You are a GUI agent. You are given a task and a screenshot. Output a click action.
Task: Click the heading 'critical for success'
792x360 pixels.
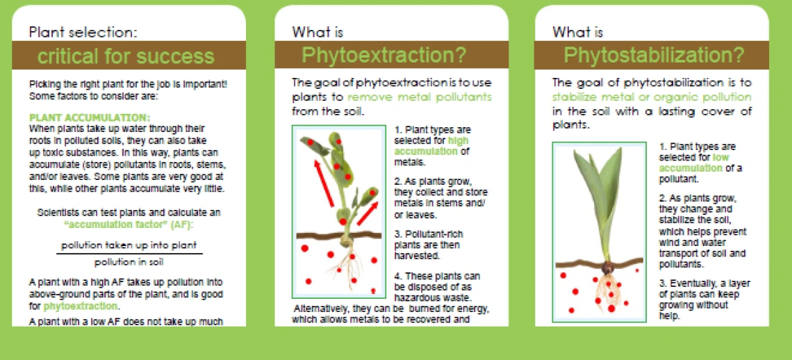tap(126, 56)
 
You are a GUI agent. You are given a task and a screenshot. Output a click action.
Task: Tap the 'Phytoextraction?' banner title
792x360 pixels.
tap(384, 55)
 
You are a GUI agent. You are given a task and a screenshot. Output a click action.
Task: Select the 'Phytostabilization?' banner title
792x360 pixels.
tap(654, 55)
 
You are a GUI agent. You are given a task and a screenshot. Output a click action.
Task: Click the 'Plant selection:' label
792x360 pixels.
tap(83, 32)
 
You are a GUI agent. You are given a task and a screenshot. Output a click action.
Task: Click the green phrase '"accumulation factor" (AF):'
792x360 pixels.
tap(129, 224)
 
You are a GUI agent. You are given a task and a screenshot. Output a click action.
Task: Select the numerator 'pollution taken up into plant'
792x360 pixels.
tap(129, 246)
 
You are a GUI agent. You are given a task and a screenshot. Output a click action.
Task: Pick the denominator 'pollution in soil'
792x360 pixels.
tap(129, 263)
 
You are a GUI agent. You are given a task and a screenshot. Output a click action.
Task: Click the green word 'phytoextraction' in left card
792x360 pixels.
tap(81, 306)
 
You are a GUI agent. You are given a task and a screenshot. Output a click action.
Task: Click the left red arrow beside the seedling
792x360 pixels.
tap(324, 183)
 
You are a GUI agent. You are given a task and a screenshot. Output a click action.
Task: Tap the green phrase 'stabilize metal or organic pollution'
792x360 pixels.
tap(652, 97)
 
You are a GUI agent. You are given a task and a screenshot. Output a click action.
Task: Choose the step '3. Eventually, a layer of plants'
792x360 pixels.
tap(704, 300)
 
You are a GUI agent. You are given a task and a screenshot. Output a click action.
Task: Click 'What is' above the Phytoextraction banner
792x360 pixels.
tap(317, 33)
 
